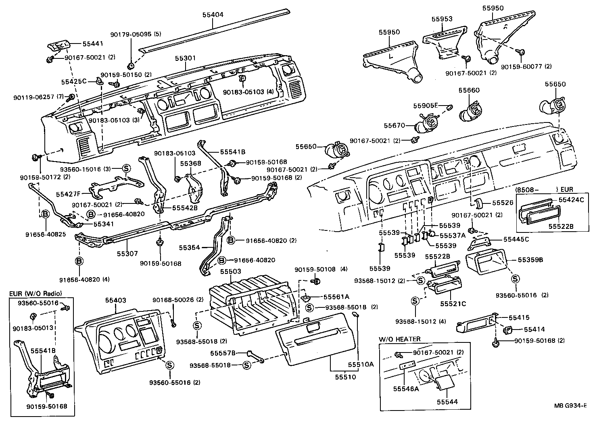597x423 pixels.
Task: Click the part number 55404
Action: click(213, 15)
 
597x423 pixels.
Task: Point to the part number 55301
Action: click(185, 58)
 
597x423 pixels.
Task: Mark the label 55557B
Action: click(222, 353)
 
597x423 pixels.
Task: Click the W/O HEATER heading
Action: click(399, 339)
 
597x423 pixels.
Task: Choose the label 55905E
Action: click(425, 106)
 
